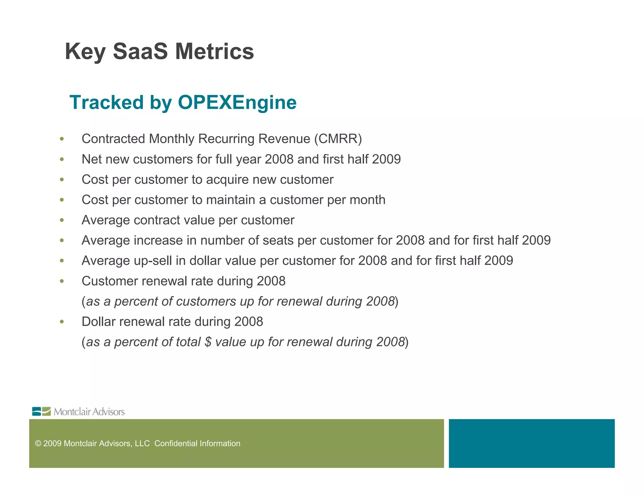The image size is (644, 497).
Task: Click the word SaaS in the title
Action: click(x=140, y=51)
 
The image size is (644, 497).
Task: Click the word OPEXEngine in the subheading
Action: click(x=237, y=102)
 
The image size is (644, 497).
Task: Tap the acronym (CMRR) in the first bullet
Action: click(x=338, y=139)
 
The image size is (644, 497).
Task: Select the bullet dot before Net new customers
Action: click(x=62, y=160)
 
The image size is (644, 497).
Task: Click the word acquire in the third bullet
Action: click(x=227, y=180)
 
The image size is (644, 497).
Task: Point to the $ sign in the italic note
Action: click(x=208, y=342)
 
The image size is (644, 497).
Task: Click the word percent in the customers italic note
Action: click(x=136, y=301)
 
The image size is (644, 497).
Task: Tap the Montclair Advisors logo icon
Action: click(x=41, y=411)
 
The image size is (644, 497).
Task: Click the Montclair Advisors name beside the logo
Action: click(x=89, y=412)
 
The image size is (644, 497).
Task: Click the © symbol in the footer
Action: click(x=38, y=443)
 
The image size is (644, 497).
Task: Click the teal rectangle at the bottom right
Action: click(x=531, y=443)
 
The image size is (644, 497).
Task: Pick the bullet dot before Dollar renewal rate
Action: click(x=62, y=322)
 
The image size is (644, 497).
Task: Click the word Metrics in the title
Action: click(x=214, y=51)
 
